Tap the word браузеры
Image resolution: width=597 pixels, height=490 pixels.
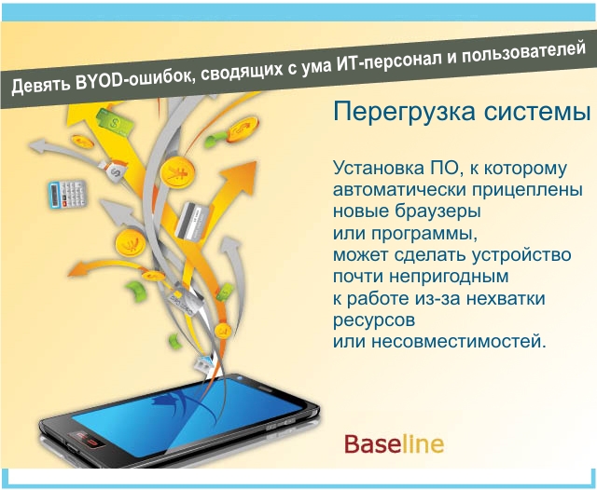[437, 211]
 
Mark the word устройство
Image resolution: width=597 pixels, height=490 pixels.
[521, 254]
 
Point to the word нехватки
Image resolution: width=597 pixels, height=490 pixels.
[506, 298]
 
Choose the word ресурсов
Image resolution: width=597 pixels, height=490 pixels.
[374, 320]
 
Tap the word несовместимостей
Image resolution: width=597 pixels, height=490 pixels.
[459, 342]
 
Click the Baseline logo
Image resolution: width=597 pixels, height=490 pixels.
[394, 443]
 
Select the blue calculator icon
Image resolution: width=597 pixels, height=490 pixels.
[68, 194]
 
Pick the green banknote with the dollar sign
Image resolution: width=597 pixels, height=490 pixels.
[115, 122]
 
